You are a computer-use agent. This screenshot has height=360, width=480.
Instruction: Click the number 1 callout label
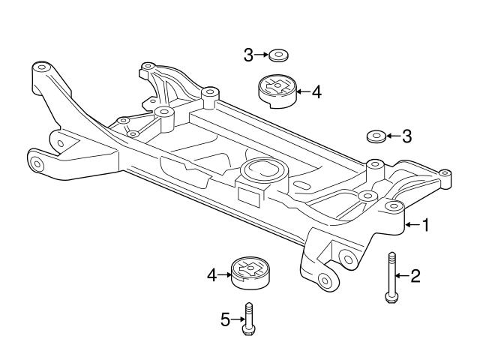coord(425,224)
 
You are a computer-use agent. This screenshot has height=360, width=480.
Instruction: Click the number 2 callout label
coord(415,276)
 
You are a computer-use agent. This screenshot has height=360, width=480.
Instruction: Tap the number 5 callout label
coord(225,319)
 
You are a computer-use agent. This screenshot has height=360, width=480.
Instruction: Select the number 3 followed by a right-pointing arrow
coord(248,54)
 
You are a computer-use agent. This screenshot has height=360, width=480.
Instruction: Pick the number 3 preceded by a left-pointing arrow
coord(406,136)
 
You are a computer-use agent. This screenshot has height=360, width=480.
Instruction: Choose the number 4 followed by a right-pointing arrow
coord(211,276)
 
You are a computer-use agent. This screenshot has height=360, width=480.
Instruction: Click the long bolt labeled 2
coord(391,276)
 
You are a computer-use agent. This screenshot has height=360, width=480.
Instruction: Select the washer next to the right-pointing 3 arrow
coord(280,55)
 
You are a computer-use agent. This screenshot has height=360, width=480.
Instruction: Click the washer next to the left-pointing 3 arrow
coord(376,136)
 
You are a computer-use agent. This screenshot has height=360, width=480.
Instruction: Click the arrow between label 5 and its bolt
coord(237,319)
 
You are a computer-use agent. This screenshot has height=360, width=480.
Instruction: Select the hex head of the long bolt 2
coord(391,297)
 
